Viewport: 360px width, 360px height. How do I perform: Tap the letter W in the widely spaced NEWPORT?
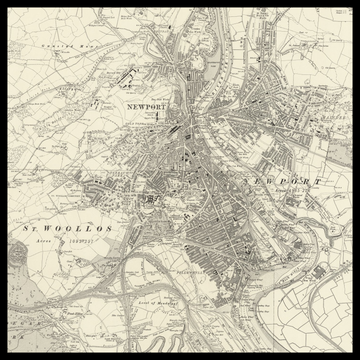tap(269, 180)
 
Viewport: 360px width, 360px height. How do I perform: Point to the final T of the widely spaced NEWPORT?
tap(320, 180)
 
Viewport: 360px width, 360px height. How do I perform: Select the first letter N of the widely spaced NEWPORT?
tap(245, 180)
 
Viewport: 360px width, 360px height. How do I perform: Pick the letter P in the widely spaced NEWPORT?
tap(282, 180)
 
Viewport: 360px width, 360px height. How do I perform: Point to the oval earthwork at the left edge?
tap(14, 257)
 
